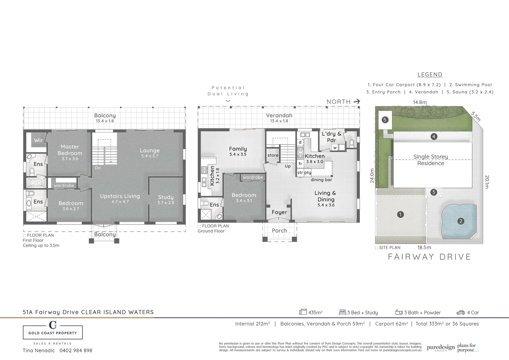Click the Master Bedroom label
(x=70, y=150)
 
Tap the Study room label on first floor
(x=166, y=197)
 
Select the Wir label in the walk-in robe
(x=39, y=140)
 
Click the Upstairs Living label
(x=120, y=196)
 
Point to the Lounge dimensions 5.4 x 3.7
(x=150, y=156)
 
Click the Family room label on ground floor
(x=238, y=149)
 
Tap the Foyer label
(x=279, y=212)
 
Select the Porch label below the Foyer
(x=279, y=230)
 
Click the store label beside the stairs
(x=273, y=155)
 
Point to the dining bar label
(x=321, y=180)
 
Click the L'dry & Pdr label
(x=331, y=137)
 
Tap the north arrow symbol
(x=357, y=101)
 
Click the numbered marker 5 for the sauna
(x=385, y=120)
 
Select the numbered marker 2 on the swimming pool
(x=461, y=221)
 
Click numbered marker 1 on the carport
(x=400, y=215)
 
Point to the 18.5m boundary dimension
(x=424, y=247)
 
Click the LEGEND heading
(x=430, y=75)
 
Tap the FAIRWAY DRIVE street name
(x=430, y=257)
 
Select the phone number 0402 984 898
(x=76, y=350)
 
